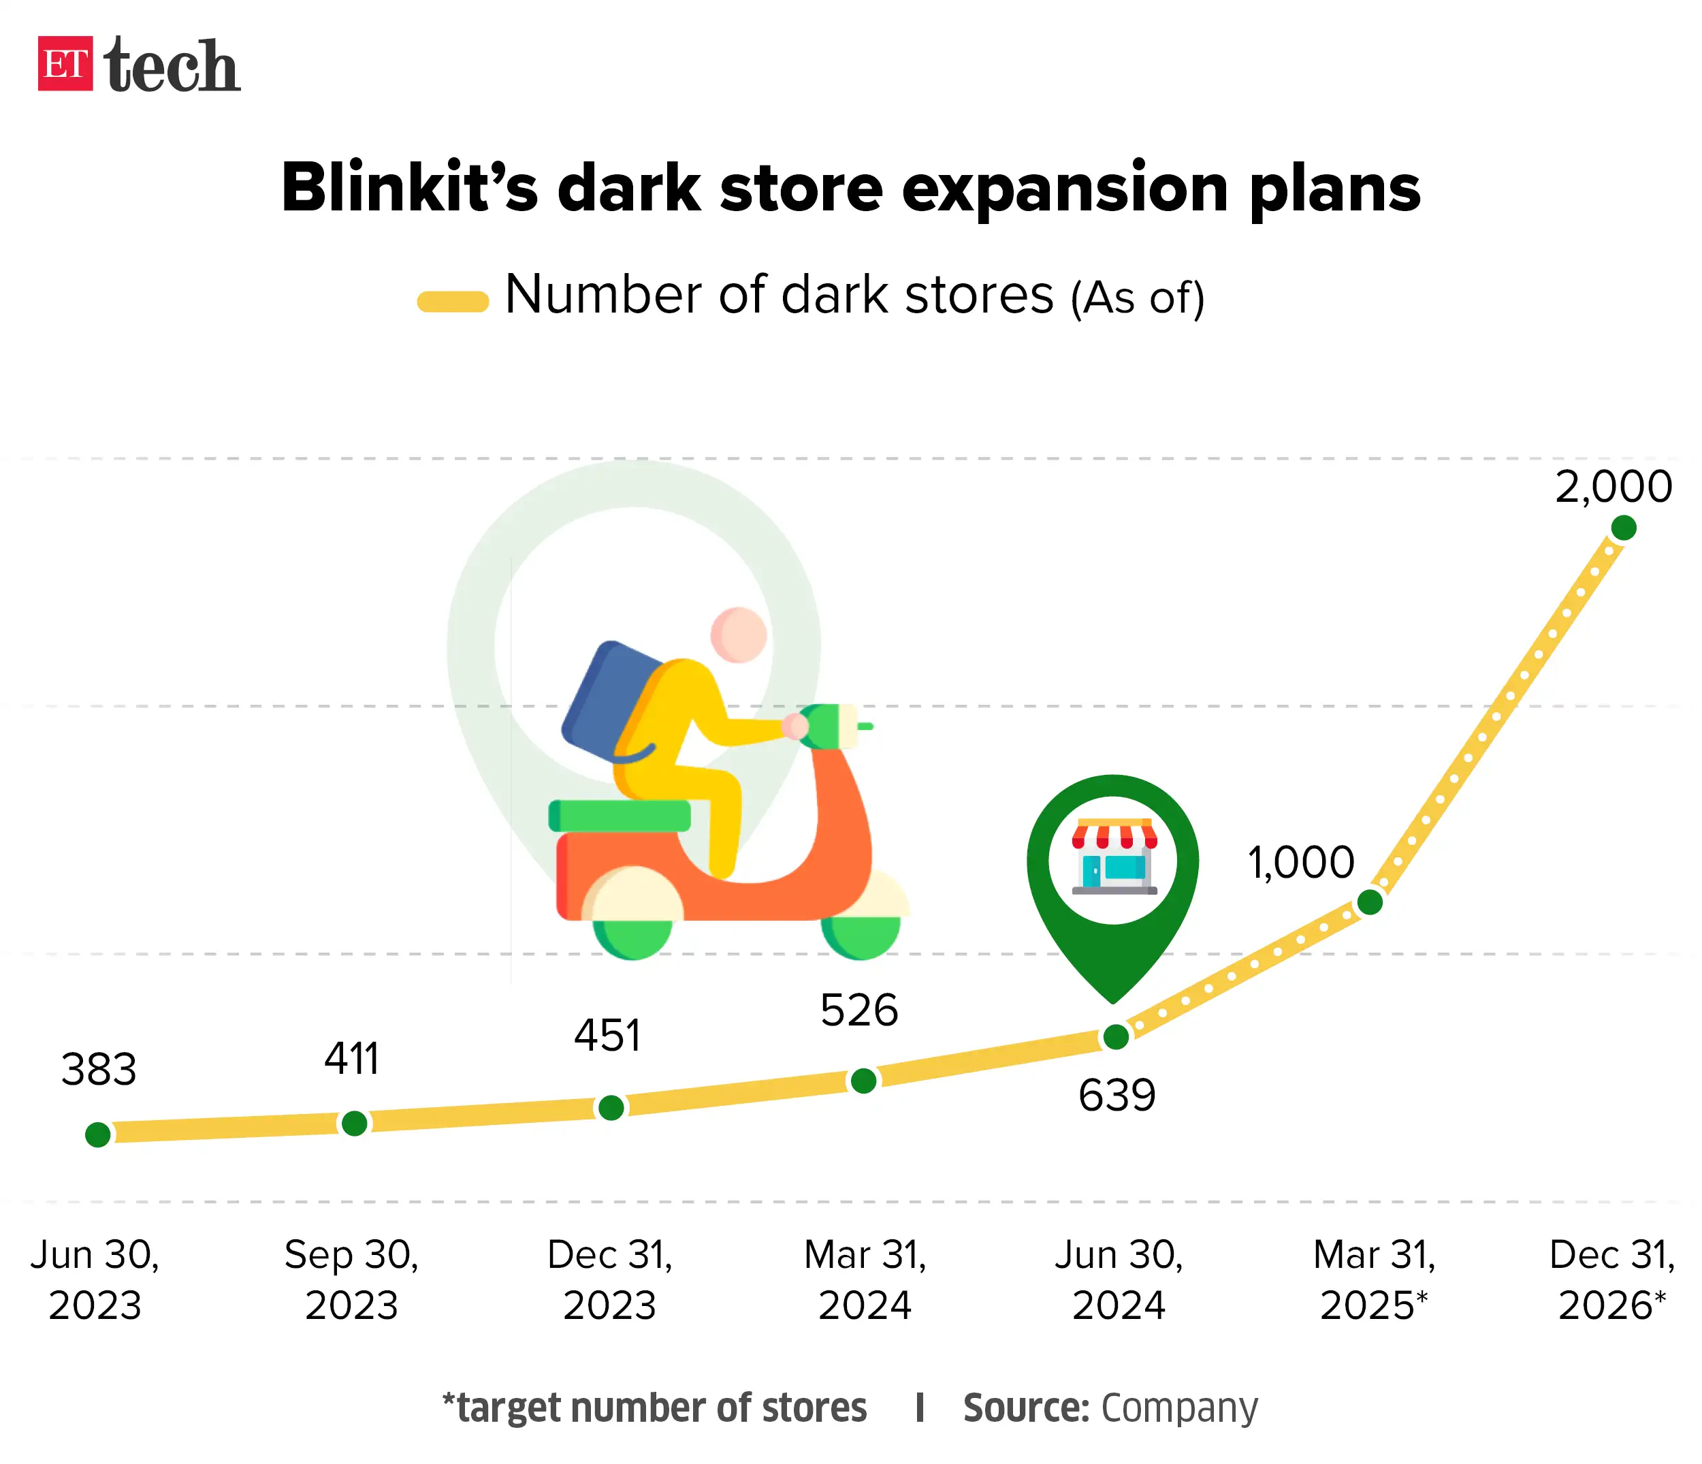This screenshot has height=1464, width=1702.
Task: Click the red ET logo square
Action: pos(65,63)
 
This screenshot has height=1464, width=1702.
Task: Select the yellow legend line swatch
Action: pos(453,302)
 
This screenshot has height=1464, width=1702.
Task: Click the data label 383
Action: pos(99,1070)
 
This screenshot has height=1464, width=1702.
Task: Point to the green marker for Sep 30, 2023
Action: pos(354,1123)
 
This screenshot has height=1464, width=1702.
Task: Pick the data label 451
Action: pos(607,1035)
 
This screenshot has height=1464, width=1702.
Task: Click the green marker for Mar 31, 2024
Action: pos(863,1081)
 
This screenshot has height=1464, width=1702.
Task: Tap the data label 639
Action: pos(1117,1095)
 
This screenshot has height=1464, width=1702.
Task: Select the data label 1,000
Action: pos(1300,863)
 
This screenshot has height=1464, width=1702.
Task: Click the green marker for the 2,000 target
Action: pos(1623,528)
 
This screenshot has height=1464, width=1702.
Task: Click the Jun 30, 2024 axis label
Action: pos(1119,1279)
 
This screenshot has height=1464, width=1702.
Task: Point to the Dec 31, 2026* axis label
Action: pos(1611,1279)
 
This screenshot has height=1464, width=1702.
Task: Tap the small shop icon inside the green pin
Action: pos(1114,856)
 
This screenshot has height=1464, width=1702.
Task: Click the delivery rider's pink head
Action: pos(739,634)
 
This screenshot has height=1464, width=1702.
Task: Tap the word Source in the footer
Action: pos(1025,1407)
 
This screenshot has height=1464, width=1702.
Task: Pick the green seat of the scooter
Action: pos(620,816)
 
